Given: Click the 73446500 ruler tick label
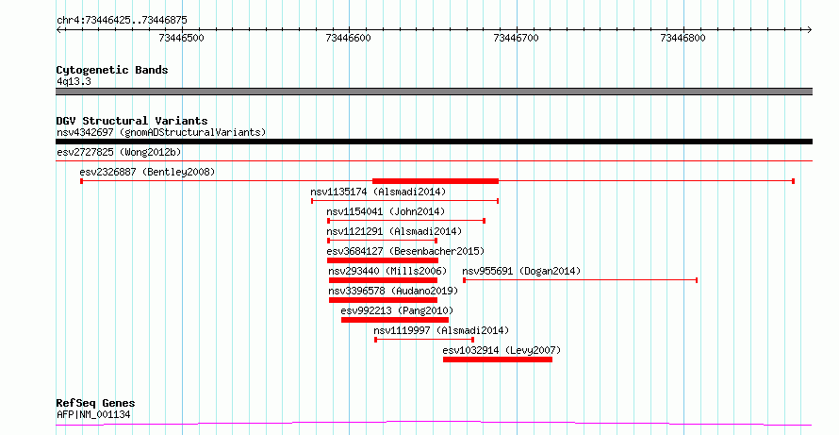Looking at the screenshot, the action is click(x=181, y=38).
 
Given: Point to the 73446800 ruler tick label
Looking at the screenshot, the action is click(x=683, y=38).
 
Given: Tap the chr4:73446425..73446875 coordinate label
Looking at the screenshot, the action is click(x=122, y=21).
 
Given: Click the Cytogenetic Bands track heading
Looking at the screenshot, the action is click(x=112, y=70).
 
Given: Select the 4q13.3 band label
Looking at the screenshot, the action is click(x=74, y=81).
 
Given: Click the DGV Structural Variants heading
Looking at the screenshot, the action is click(x=132, y=121).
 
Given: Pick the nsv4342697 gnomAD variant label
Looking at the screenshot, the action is click(x=161, y=132).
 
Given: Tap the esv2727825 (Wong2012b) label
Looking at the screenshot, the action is click(x=119, y=152).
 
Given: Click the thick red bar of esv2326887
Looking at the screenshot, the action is click(x=436, y=181).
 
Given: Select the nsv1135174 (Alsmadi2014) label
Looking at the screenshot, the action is click(x=378, y=192).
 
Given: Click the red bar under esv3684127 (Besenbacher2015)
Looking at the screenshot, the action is click(x=383, y=260).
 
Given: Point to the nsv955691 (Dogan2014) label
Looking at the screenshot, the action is click(x=521, y=271).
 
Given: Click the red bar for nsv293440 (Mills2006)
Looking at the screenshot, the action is click(x=383, y=280).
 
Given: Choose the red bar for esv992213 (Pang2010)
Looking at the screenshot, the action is click(x=395, y=320).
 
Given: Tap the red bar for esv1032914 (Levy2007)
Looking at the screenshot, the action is click(x=498, y=360).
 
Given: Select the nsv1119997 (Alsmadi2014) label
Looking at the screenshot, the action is click(x=441, y=330).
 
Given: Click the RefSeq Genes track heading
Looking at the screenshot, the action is click(x=95, y=403).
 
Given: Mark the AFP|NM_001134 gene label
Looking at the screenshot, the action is click(x=93, y=414).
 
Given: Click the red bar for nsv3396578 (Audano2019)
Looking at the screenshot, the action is click(x=383, y=300).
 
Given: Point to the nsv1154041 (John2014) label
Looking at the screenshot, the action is click(x=386, y=211).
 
